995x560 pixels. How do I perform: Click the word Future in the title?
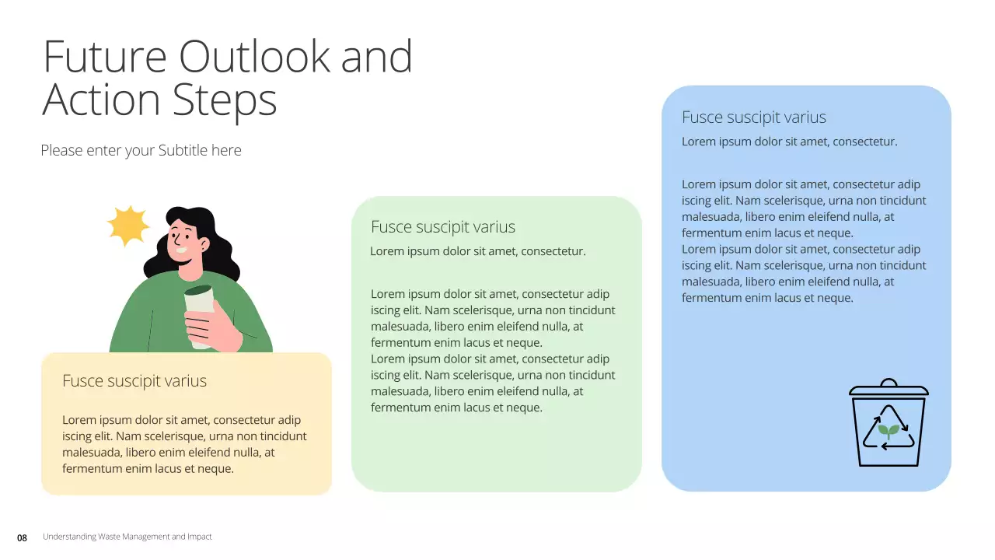click(x=104, y=56)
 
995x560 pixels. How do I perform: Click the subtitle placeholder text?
click(x=141, y=150)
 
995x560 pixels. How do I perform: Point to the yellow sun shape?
click(x=127, y=226)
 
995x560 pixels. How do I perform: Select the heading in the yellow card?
click(x=134, y=381)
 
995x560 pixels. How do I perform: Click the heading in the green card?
click(x=443, y=227)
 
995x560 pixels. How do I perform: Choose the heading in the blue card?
click(x=754, y=117)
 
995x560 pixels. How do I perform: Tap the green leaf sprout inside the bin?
click(x=889, y=430)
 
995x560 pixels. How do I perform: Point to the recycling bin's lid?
click(x=889, y=388)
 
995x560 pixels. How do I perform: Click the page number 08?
click(x=22, y=537)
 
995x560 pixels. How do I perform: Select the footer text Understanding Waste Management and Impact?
click(x=127, y=537)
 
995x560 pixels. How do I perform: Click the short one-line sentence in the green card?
click(x=477, y=251)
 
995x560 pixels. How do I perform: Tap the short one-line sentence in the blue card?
click(x=789, y=142)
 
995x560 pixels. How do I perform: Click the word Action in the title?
click(x=101, y=100)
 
